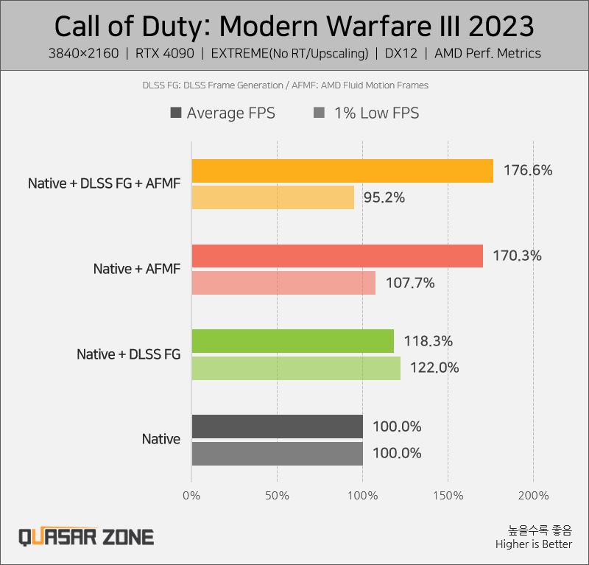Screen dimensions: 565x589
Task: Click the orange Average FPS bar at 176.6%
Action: (x=342, y=171)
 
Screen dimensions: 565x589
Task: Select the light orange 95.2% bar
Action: (x=272, y=197)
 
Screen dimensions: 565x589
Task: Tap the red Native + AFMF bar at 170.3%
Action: (x=337, y=256)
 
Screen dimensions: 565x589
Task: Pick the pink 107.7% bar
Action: (x=283, y=283)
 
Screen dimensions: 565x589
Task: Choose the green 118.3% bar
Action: (x=292, y=341)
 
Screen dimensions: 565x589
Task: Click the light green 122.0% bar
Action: (x=296, y=368)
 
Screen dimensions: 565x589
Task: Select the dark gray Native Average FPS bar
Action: (x=277, y=427)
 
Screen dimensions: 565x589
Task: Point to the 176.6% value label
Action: (x=528, y=171)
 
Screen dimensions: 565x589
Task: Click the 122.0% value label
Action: (x=434, y=368)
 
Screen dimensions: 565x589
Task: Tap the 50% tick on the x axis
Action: (x=277, y=495)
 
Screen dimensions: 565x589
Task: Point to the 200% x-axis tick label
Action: (x=533, y=495)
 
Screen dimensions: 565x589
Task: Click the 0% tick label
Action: (x=191, y=495)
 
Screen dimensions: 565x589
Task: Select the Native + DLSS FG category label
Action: (x=128, y=354)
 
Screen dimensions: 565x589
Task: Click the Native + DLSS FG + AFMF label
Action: (x=104, y=183)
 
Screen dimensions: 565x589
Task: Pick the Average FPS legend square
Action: (x=176, y=113)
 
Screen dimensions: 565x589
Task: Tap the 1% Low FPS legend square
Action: (x=319, y=113)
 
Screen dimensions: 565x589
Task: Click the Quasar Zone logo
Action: (x=86, y=536)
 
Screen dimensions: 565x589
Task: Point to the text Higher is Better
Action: (x=533, y=544)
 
